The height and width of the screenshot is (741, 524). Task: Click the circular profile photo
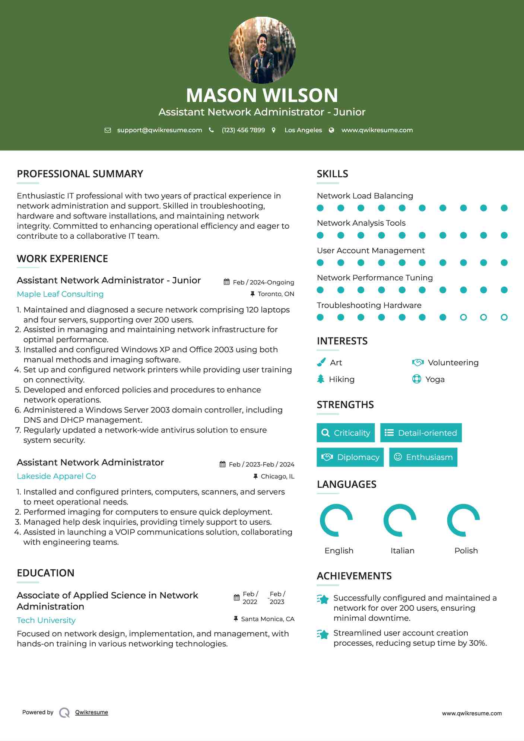[262, 50]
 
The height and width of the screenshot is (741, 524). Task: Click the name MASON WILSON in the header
[262, 95]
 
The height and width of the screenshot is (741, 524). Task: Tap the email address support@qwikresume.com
[159, 130]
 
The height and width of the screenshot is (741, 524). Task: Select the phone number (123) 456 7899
[243, 130]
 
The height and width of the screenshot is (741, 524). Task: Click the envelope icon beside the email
[108, 130]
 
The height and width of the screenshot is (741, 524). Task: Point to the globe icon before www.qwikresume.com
[331, 130]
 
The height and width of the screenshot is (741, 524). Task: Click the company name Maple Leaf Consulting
[60, 294]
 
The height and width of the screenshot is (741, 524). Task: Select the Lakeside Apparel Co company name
[56, 476]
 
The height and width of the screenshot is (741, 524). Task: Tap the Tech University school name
[46, 620]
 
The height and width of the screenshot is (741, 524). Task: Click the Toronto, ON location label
[276, 294]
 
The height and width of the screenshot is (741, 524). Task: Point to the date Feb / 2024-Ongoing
[263, 282]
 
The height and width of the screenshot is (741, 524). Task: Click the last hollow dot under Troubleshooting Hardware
[504, 317]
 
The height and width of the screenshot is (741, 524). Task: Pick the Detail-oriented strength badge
[421, 433]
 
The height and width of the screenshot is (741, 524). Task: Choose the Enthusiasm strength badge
[423, 457]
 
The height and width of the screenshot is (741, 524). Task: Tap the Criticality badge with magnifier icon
[346, 433]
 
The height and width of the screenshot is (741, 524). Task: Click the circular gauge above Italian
[400, 520]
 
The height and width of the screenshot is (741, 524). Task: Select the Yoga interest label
[435, 379]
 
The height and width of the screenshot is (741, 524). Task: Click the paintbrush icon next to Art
[321, 362]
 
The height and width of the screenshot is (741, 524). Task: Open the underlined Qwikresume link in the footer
[92, 712]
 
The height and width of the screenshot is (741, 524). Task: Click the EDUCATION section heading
[45, 573]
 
